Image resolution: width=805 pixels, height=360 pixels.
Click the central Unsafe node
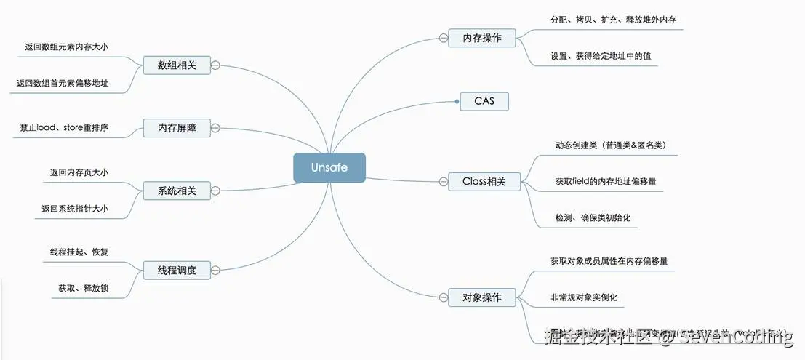[329, 167]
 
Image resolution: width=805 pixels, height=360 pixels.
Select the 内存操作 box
[481, 38]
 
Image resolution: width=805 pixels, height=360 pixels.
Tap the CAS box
[484, 101]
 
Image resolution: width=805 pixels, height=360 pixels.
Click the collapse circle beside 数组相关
[215, 65]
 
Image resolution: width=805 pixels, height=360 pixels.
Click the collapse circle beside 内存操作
[443, 38]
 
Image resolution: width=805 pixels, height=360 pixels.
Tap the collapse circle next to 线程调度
[215, 271]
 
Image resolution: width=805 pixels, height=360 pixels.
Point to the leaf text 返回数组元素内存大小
[72, 47]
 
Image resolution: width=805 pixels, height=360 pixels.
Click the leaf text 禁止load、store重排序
[65, 128]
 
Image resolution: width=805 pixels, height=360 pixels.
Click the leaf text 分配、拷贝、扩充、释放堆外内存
[613, 20]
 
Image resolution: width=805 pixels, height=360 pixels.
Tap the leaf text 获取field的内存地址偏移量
[605, 181]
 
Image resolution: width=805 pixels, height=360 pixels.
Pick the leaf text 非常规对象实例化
[589, 297]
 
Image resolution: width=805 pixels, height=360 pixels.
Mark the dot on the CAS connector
[457, 102]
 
